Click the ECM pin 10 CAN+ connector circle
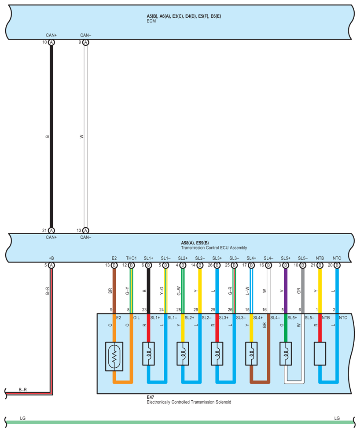pos(51,42)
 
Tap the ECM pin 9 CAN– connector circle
pos(86,42)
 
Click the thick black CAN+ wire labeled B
pos(51,137)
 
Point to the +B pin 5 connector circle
pos(51,265)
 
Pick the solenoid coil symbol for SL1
pos(148,353)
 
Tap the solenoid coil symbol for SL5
pos(286,353)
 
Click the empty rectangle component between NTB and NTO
pos(320,353)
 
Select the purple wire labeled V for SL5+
pos(286,291)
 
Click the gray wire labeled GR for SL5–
pos(303,291)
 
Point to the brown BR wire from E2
pos(114,291)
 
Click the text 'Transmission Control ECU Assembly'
pos(214,247)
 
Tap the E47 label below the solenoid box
pos(150,397)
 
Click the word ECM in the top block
pos(151,21)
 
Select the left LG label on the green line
pos(22,417)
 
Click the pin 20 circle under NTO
pos(337,265)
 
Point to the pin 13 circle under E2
pos(114,265)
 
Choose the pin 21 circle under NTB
pos(320,265)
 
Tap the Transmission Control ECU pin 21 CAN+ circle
pos(51,230)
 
